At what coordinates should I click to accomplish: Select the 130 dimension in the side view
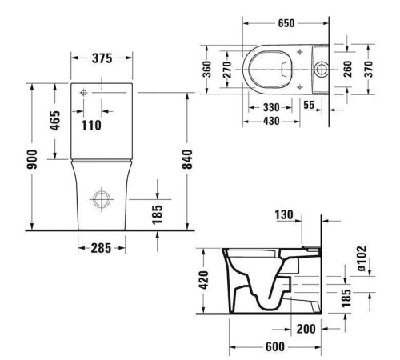pos(284,215)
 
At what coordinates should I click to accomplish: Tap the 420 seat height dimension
pos(204,280)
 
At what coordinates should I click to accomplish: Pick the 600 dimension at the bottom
pos(274,347)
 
